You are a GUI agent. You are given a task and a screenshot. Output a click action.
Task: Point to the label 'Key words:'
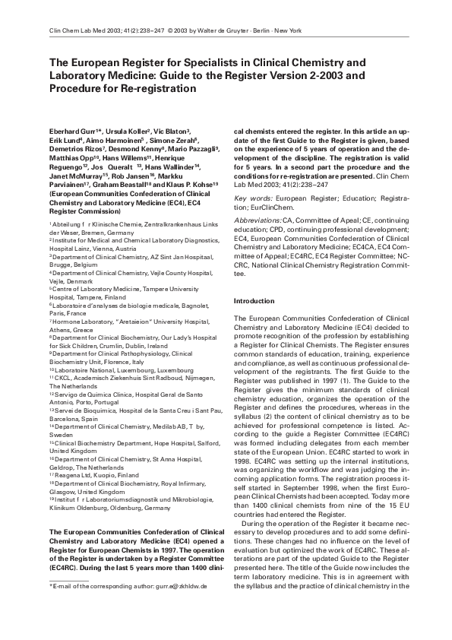point(252,198)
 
